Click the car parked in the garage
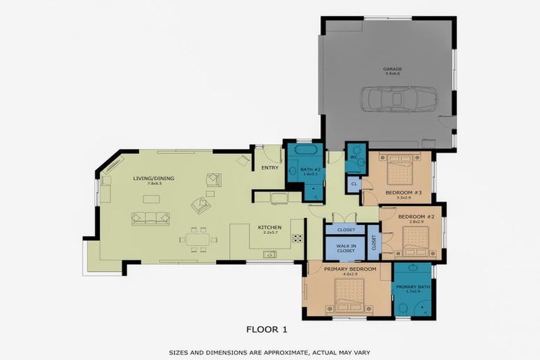click(399, 99)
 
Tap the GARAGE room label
click(392, 69)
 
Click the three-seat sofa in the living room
click(150, 218)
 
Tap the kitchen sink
click(270, 254)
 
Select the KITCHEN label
click(269, 227)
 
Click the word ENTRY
click(269, 168)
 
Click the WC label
click(354, 157)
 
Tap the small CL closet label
click(354, 184)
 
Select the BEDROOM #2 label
click(411, 217)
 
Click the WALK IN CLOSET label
click(345, 247)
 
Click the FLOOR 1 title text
click(266, 328)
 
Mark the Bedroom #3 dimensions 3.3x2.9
click(403, 198)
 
